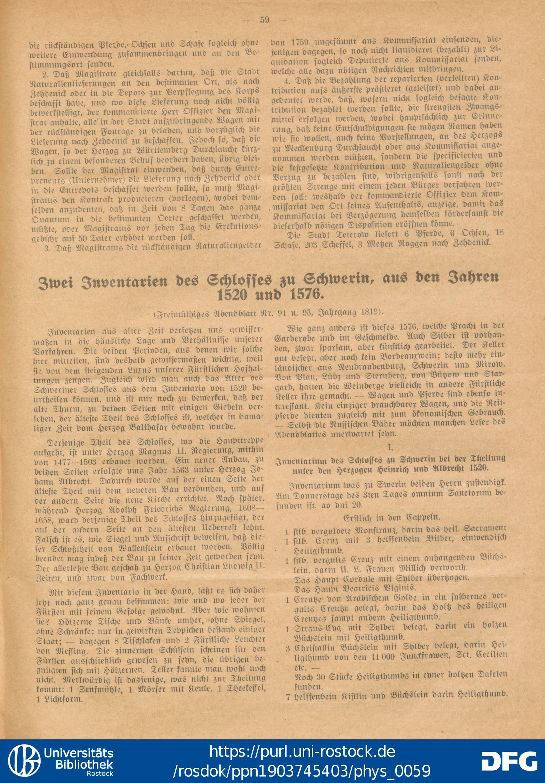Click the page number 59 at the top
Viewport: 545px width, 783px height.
265,20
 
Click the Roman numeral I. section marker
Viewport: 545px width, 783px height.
391,447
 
